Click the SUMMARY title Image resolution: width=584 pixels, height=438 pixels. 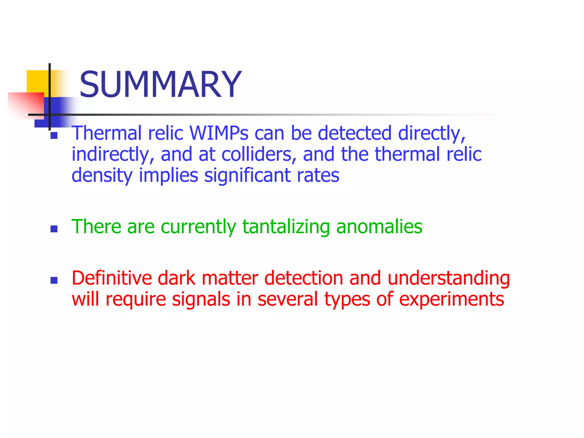pos(160,85)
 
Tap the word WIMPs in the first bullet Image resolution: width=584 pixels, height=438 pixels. pos(219,133)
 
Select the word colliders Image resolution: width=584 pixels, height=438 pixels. pos(257,154)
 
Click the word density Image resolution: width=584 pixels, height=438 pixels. pos(102,175)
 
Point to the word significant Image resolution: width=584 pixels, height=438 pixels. pos(247,175)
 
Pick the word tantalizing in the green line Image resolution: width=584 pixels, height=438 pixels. pos(286,227)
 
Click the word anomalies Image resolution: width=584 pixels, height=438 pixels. pos(379,227)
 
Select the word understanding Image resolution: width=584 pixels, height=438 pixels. pos(449,278)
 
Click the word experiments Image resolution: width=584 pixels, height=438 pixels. pos(451,299)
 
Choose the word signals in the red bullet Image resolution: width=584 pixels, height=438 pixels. pos(201,299)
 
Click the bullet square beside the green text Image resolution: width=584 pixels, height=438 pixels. pos(54,229)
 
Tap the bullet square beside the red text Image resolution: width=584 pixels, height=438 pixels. pos(54,280)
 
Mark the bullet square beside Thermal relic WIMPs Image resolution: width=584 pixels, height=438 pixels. pos(54,135)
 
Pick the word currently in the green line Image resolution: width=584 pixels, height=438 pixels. pos(198,227)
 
